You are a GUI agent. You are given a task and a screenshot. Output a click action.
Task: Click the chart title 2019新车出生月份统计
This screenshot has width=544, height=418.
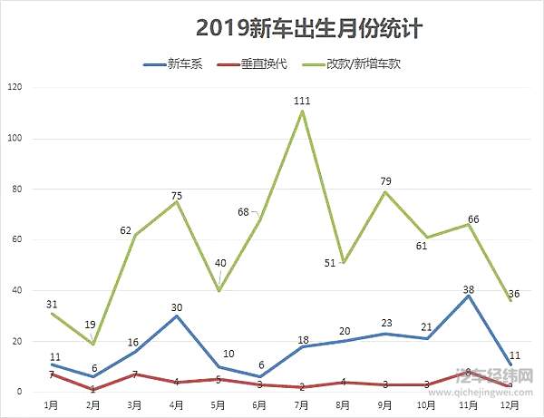point(309,29)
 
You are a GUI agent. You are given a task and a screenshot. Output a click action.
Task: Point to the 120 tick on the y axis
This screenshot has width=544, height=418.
point(13,87)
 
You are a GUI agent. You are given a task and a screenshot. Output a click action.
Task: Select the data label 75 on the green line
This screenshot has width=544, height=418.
point(177,195)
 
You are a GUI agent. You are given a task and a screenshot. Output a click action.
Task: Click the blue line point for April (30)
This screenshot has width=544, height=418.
point(177,316)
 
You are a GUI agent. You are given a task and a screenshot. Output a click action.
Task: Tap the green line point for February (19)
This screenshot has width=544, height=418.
point(93,344)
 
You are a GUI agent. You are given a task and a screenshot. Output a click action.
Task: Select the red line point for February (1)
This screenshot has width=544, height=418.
point(93,390)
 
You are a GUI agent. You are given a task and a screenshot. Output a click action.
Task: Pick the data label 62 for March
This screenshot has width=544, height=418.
point(126,230)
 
